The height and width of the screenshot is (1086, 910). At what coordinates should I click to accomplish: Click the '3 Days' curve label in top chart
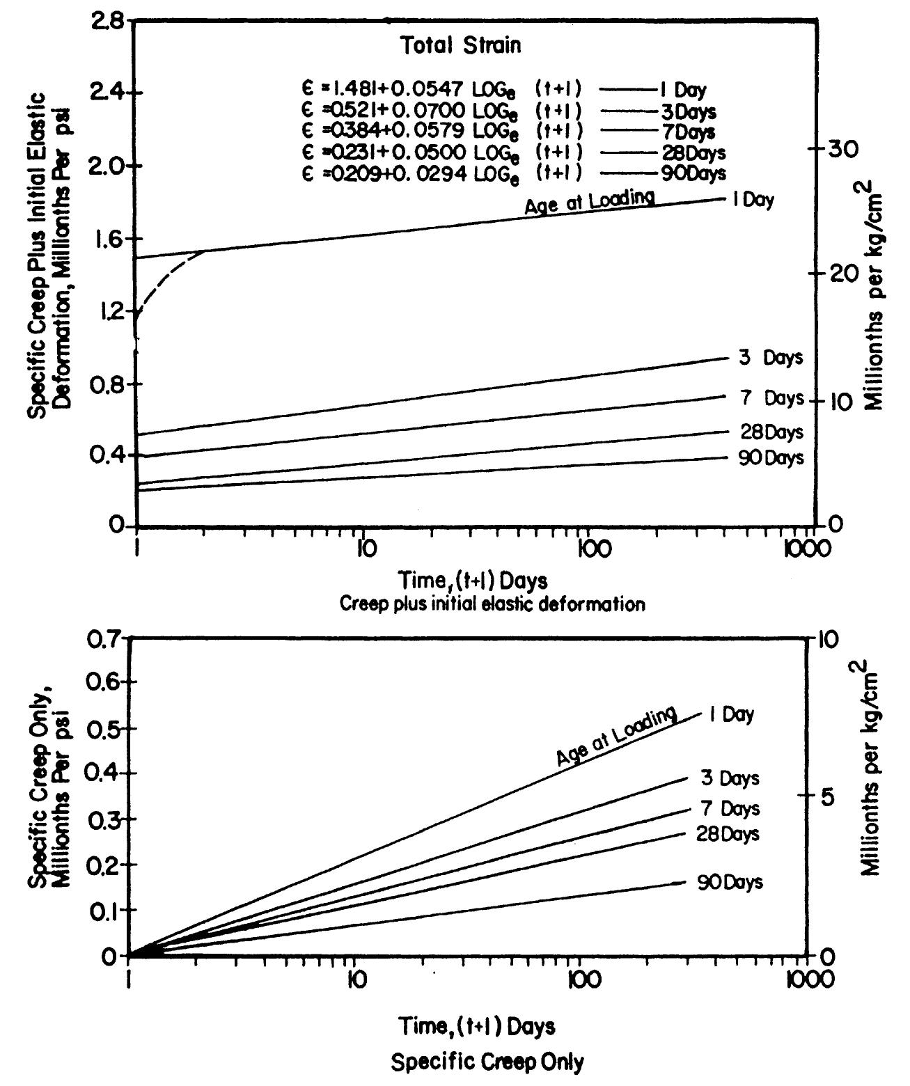click(770, 358)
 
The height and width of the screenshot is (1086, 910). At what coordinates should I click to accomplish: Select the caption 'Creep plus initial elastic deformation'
click(492, 604)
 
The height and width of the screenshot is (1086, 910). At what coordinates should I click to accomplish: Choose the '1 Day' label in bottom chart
click(731, 715)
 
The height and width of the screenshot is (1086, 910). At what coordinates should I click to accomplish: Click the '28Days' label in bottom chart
click(728, 833)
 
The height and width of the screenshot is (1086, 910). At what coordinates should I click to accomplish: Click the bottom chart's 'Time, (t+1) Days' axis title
click(477, 1025)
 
